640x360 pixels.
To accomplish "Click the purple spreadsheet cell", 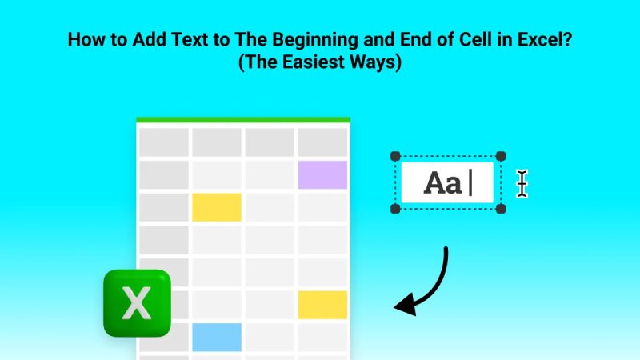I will point(322,174).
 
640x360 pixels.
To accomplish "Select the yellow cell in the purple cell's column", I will point(322,305).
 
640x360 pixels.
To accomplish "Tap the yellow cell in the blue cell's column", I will point(216,207).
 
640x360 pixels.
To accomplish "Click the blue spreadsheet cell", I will point(216,337).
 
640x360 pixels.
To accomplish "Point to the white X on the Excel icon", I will point(138,303).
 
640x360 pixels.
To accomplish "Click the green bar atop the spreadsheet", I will point(242,119).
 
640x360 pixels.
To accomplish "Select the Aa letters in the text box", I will point(442,183).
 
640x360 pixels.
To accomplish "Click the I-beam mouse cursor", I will point(522,183).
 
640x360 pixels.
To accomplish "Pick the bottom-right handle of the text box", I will point(501,209).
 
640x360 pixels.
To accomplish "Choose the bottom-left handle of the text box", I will point(395,209).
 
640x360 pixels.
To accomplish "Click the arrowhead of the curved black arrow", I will point(406,304).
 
